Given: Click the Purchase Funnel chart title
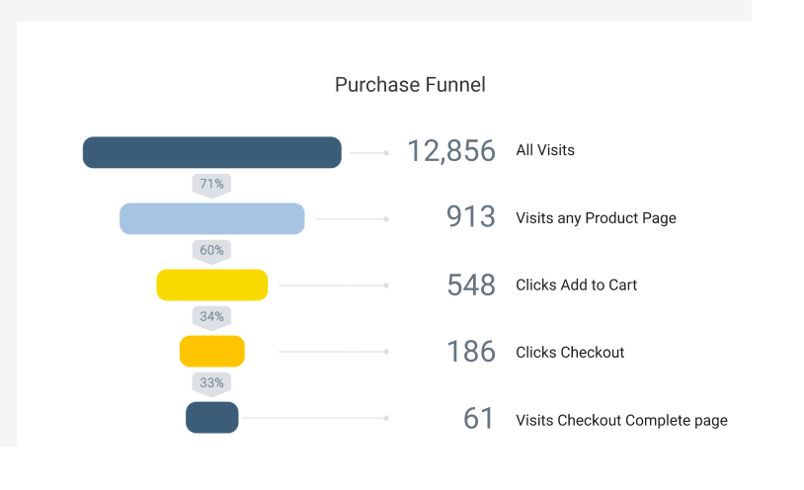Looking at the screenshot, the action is tap(410, 85).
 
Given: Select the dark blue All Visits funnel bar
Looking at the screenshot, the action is tap(211, 152).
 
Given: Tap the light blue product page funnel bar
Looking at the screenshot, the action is tap(211, 218).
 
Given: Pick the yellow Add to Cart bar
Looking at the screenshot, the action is tap(211, 285).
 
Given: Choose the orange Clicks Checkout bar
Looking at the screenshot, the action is tap(211, 351).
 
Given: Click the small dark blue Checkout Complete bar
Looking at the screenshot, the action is tap(211, 417).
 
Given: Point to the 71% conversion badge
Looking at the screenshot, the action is tap(211, 185).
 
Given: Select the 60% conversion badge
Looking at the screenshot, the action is tap(211, 251).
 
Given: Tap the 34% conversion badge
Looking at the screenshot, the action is tap(211, 317).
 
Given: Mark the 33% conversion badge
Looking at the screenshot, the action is tap(211, 383).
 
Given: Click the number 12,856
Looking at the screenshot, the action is tap(451, 151).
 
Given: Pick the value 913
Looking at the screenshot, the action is tap(471, 216).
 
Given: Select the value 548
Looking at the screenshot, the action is tap(471, 285).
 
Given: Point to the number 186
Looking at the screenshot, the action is tap(471, 352).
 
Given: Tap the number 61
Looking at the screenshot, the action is tap(479, 418).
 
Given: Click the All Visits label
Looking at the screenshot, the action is tap(545, 150).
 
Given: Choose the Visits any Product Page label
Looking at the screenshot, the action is tap(596, 218).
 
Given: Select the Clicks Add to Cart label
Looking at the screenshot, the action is tap(577, 285).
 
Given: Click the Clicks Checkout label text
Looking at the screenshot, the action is tap(570, 353).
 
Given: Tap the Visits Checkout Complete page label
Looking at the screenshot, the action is tap(621, 420).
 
